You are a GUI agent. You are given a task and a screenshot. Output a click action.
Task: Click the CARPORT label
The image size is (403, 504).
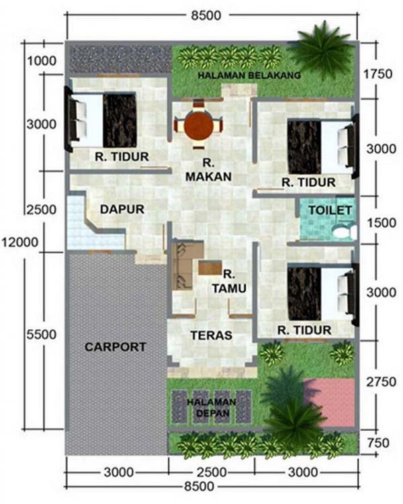coord(116,347)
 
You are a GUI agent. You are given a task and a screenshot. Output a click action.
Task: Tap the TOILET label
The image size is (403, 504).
coord(330,210)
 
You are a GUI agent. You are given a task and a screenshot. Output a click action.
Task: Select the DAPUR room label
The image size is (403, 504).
coord(122,209)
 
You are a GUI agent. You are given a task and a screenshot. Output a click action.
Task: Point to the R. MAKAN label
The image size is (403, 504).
coord(208,170)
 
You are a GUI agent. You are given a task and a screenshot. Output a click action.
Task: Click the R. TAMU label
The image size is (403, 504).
coord(229,282)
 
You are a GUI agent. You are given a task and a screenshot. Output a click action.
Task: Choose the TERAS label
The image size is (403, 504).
coord(212,335)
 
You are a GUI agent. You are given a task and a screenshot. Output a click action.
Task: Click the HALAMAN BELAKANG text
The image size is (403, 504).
coord(249,75)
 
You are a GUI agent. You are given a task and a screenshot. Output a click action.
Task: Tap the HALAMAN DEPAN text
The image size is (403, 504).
coord(212,407)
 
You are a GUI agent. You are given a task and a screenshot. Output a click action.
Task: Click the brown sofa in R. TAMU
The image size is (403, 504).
coord(183,266)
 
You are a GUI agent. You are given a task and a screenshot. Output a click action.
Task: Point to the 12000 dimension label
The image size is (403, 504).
coord(20,242)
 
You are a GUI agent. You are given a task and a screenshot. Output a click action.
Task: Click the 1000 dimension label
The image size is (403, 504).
coord(42,60)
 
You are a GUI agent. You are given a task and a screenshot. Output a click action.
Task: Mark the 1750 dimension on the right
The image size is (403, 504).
coord(377,74)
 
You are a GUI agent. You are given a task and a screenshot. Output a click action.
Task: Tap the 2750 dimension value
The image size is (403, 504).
coord(381,382)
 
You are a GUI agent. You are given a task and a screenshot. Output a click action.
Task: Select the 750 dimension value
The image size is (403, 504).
coord(378,443)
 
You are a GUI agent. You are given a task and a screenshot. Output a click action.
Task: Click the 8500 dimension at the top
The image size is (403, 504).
coord(206,15)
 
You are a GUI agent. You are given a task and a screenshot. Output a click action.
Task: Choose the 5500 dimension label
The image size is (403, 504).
coord(42,334)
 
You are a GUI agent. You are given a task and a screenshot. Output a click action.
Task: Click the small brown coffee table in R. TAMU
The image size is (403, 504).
coord(210,267)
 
